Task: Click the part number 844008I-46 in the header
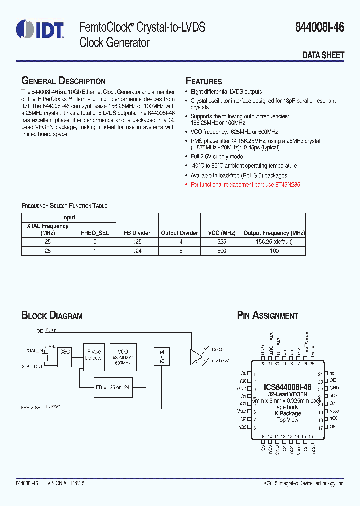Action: tap(322, 28)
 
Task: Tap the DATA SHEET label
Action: tap(323, 55)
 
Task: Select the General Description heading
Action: tap(63, 81)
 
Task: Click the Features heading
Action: tap(204, 81)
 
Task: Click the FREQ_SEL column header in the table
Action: tap(94, 233)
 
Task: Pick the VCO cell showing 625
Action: tap(221, 241)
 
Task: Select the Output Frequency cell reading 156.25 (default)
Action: tap(274, 241)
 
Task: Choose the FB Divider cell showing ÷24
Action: tap(137, 250)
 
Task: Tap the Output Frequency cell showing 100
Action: tap(274, 250)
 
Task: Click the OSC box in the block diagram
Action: tap(65, 352)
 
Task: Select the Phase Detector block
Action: tap(94, 355)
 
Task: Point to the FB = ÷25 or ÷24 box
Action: tap(112, 387)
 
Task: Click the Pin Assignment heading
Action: tap(267, 316)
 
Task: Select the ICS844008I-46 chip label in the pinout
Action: tap(287, 387)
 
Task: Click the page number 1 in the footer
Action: tap(180, 484)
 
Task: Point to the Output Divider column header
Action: tap(179, 233)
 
